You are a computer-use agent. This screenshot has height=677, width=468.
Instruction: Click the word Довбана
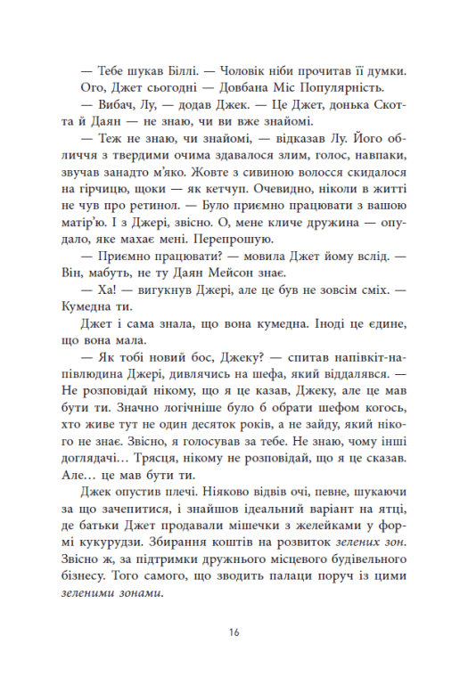tap(232, 88)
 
